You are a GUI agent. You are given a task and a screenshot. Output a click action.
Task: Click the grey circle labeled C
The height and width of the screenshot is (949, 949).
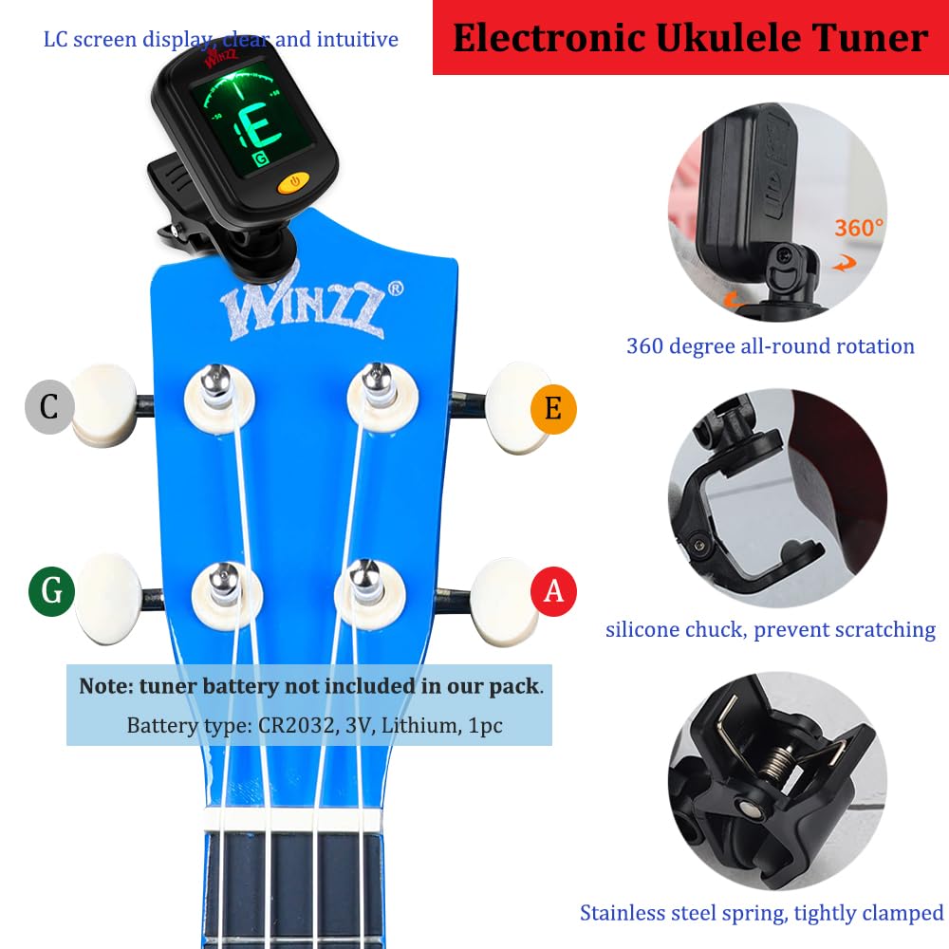click(x=49, y=407)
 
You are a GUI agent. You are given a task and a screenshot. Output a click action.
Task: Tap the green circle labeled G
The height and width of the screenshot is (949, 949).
click(x=51, y=590)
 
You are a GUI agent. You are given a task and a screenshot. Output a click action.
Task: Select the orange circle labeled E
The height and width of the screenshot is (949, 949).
click(x=553, y=408)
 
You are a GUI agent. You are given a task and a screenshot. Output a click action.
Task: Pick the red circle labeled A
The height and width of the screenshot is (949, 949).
click(x=553, y=591)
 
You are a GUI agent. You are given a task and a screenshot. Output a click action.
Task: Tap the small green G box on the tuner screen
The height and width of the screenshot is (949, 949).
click(x=261, y=159)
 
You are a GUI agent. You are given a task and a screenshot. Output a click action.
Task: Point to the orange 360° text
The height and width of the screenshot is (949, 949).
click(x=858, y=228)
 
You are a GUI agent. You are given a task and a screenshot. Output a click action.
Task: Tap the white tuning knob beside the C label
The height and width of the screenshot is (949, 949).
click(x=104, y=405)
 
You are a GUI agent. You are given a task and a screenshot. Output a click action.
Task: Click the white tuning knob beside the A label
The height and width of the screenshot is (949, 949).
click(x=504, y=601)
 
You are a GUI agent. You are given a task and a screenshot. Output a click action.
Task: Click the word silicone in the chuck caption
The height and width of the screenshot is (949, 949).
click(x=642, y=629)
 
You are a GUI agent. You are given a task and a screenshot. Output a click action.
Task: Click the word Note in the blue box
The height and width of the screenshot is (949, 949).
click(x=102, y=686)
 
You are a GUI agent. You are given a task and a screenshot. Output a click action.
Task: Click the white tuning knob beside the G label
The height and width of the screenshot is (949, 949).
click(x=109, y=598)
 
